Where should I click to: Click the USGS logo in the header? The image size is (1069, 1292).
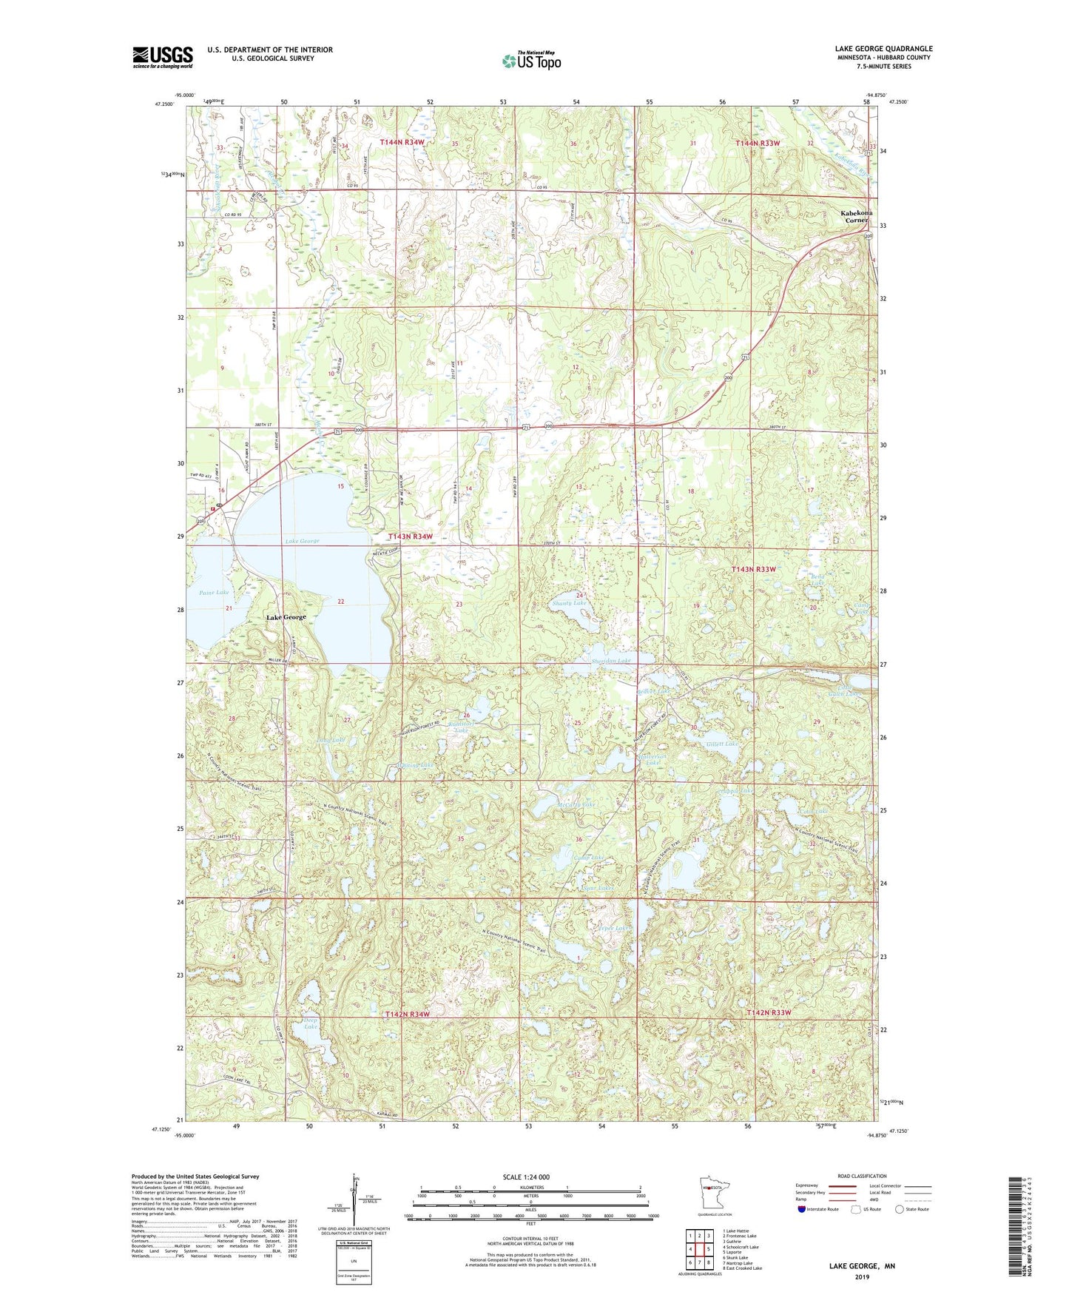coord(163,57)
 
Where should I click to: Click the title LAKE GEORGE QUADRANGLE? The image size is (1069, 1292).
coord(883,49)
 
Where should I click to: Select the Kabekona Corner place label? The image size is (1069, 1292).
coord(856,216)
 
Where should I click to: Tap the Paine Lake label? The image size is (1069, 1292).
coord(214,593)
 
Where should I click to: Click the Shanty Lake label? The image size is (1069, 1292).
coord(569,603)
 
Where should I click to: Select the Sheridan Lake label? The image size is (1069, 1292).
coord(611,661)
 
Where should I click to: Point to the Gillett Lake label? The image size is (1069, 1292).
coord(721,744)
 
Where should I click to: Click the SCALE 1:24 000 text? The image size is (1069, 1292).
coord(526,1177)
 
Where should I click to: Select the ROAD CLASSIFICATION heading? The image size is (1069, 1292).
coord(862,1176)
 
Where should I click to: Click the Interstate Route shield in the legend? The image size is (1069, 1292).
coord(803,1210)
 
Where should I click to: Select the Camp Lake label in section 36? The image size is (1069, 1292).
coord(589,858)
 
